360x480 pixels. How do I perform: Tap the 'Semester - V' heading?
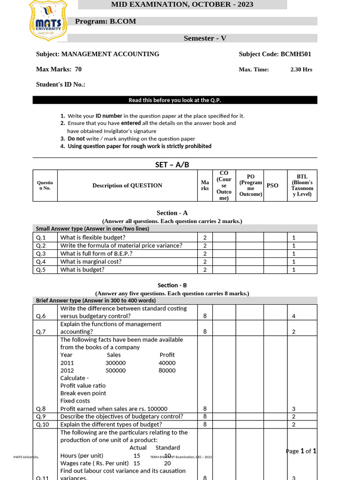point(205,38)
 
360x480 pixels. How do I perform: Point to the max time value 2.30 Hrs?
point(301,69)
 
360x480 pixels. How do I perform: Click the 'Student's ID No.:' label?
point(60,85)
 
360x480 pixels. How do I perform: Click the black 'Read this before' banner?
point(175,100)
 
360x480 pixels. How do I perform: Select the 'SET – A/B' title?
point(172,165)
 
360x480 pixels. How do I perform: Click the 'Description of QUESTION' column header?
point(127,185)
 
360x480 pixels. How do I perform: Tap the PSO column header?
point(272,185)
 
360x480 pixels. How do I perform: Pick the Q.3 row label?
point(41,254)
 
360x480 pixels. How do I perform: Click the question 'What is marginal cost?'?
point(91,262)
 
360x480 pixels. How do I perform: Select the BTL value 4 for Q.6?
point(293,316)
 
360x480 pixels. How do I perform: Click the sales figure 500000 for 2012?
point(115,370)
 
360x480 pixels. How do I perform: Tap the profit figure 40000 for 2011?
point(167,363)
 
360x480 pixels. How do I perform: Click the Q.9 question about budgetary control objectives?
point(122,416)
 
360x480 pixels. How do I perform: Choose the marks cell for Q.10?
point(205,424)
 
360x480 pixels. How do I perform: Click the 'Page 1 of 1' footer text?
point(301,451)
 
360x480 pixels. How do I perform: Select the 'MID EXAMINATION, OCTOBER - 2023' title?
point(182,5)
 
